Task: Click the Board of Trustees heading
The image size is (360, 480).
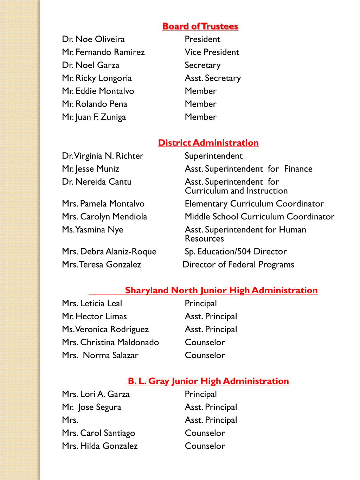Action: (200, 26)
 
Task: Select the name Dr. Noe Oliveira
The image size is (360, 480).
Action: (93, 39)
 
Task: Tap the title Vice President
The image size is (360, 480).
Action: (212, 52)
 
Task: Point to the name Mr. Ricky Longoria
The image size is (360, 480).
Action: (97, 78)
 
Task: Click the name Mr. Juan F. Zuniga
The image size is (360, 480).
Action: (94, 117)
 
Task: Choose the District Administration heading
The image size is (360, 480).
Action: (208, 143)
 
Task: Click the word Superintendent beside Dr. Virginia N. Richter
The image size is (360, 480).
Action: (213, 156)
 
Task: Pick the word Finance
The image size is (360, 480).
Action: (298, 169)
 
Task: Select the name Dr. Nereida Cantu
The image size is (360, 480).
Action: (97, 182)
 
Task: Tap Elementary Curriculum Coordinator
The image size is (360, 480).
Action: (254, 204)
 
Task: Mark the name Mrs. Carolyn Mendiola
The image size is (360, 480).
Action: (104, 217)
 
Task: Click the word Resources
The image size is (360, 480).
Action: (204, 239)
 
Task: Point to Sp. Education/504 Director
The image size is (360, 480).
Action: (236, 252)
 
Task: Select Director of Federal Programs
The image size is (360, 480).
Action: (238, 265)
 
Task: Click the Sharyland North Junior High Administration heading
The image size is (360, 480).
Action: (221, 290)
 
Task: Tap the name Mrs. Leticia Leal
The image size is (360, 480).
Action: (92, 303)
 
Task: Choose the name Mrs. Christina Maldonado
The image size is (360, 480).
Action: (110, 343)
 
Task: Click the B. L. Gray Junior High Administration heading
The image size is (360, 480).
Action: (208, 381)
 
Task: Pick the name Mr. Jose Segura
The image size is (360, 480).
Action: (91, 407)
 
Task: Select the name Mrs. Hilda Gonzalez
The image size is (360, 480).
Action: (100, 446)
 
